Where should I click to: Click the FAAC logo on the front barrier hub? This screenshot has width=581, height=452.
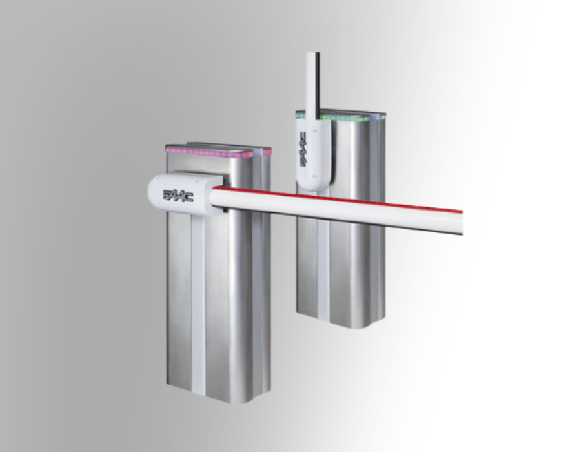tap(178, 196)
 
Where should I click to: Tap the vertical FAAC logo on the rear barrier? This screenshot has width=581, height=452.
tap(303, 150)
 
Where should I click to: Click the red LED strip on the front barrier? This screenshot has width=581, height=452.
tap(219, 152)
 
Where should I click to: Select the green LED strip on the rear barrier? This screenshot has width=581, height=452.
tap(340, 118)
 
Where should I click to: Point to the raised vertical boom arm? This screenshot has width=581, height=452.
tap(312, 86)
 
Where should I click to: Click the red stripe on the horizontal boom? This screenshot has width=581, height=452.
tap(338, 200)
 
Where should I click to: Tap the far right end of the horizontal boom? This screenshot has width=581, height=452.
tap(462, 222)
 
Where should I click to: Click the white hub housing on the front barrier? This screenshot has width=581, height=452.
tap(185, 194)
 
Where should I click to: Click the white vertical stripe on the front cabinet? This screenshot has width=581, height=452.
tap(198, 303)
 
